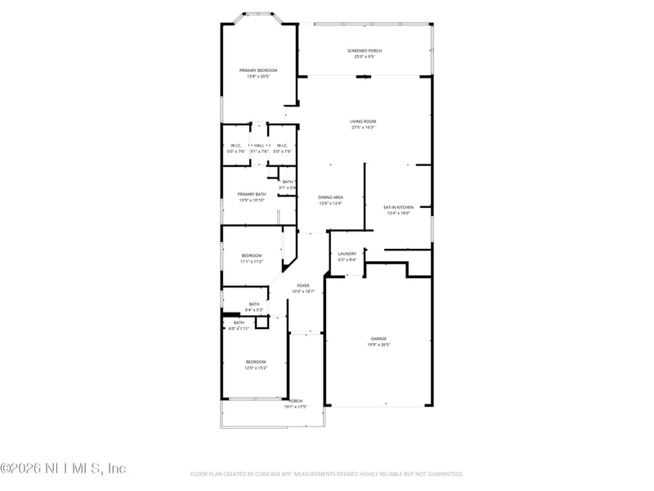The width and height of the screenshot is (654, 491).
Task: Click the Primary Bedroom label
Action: pos(258,71)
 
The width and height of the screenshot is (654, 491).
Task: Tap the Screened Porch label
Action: pos(364,51)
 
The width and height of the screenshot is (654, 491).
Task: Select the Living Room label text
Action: pos(363,122)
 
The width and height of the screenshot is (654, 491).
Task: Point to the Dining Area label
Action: pos(330,197)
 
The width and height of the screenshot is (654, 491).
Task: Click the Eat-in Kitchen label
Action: pos(398,208)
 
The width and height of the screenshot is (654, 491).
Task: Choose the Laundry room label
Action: pos(347,254)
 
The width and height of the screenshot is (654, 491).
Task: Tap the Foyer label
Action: pos(302,286)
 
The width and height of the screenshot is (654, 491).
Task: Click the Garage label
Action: pos(379,339)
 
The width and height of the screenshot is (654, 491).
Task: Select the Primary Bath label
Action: pos(252,195)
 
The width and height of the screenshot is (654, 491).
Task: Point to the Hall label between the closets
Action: pos(258,146)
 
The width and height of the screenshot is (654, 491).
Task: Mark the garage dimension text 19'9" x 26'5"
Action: pos(379,345)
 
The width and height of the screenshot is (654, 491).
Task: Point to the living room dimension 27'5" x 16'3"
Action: pos(363,128)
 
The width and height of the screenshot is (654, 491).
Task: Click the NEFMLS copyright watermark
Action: pos(63,468)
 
